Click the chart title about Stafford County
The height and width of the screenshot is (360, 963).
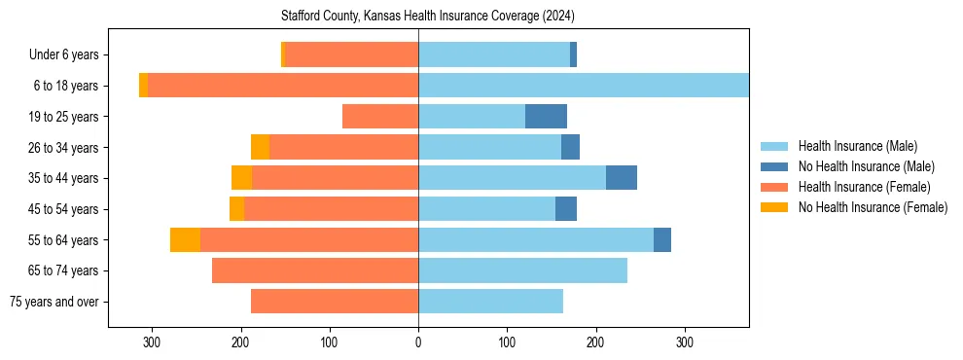(428, 17)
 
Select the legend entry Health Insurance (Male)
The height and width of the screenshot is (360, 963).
(857, 146)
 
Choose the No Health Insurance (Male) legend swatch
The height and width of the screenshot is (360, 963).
(774, 166)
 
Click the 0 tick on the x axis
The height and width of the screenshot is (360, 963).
(418, 342)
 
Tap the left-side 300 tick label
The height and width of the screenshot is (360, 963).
(152, 342)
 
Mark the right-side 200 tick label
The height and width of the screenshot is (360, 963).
(595, 342)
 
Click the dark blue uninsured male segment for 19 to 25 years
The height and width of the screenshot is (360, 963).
(546, 117)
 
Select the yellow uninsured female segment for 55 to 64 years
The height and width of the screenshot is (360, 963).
(185, 240)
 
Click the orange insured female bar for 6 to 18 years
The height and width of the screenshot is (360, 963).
(283, 86)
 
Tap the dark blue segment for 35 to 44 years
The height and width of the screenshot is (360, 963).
(622, 178)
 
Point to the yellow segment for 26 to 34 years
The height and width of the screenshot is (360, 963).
(260, 147)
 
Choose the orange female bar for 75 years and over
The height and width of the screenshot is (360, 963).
(335, 302)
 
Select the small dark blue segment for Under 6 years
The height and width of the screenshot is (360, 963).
(573, 55)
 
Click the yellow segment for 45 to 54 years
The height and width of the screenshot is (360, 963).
(236, 209)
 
